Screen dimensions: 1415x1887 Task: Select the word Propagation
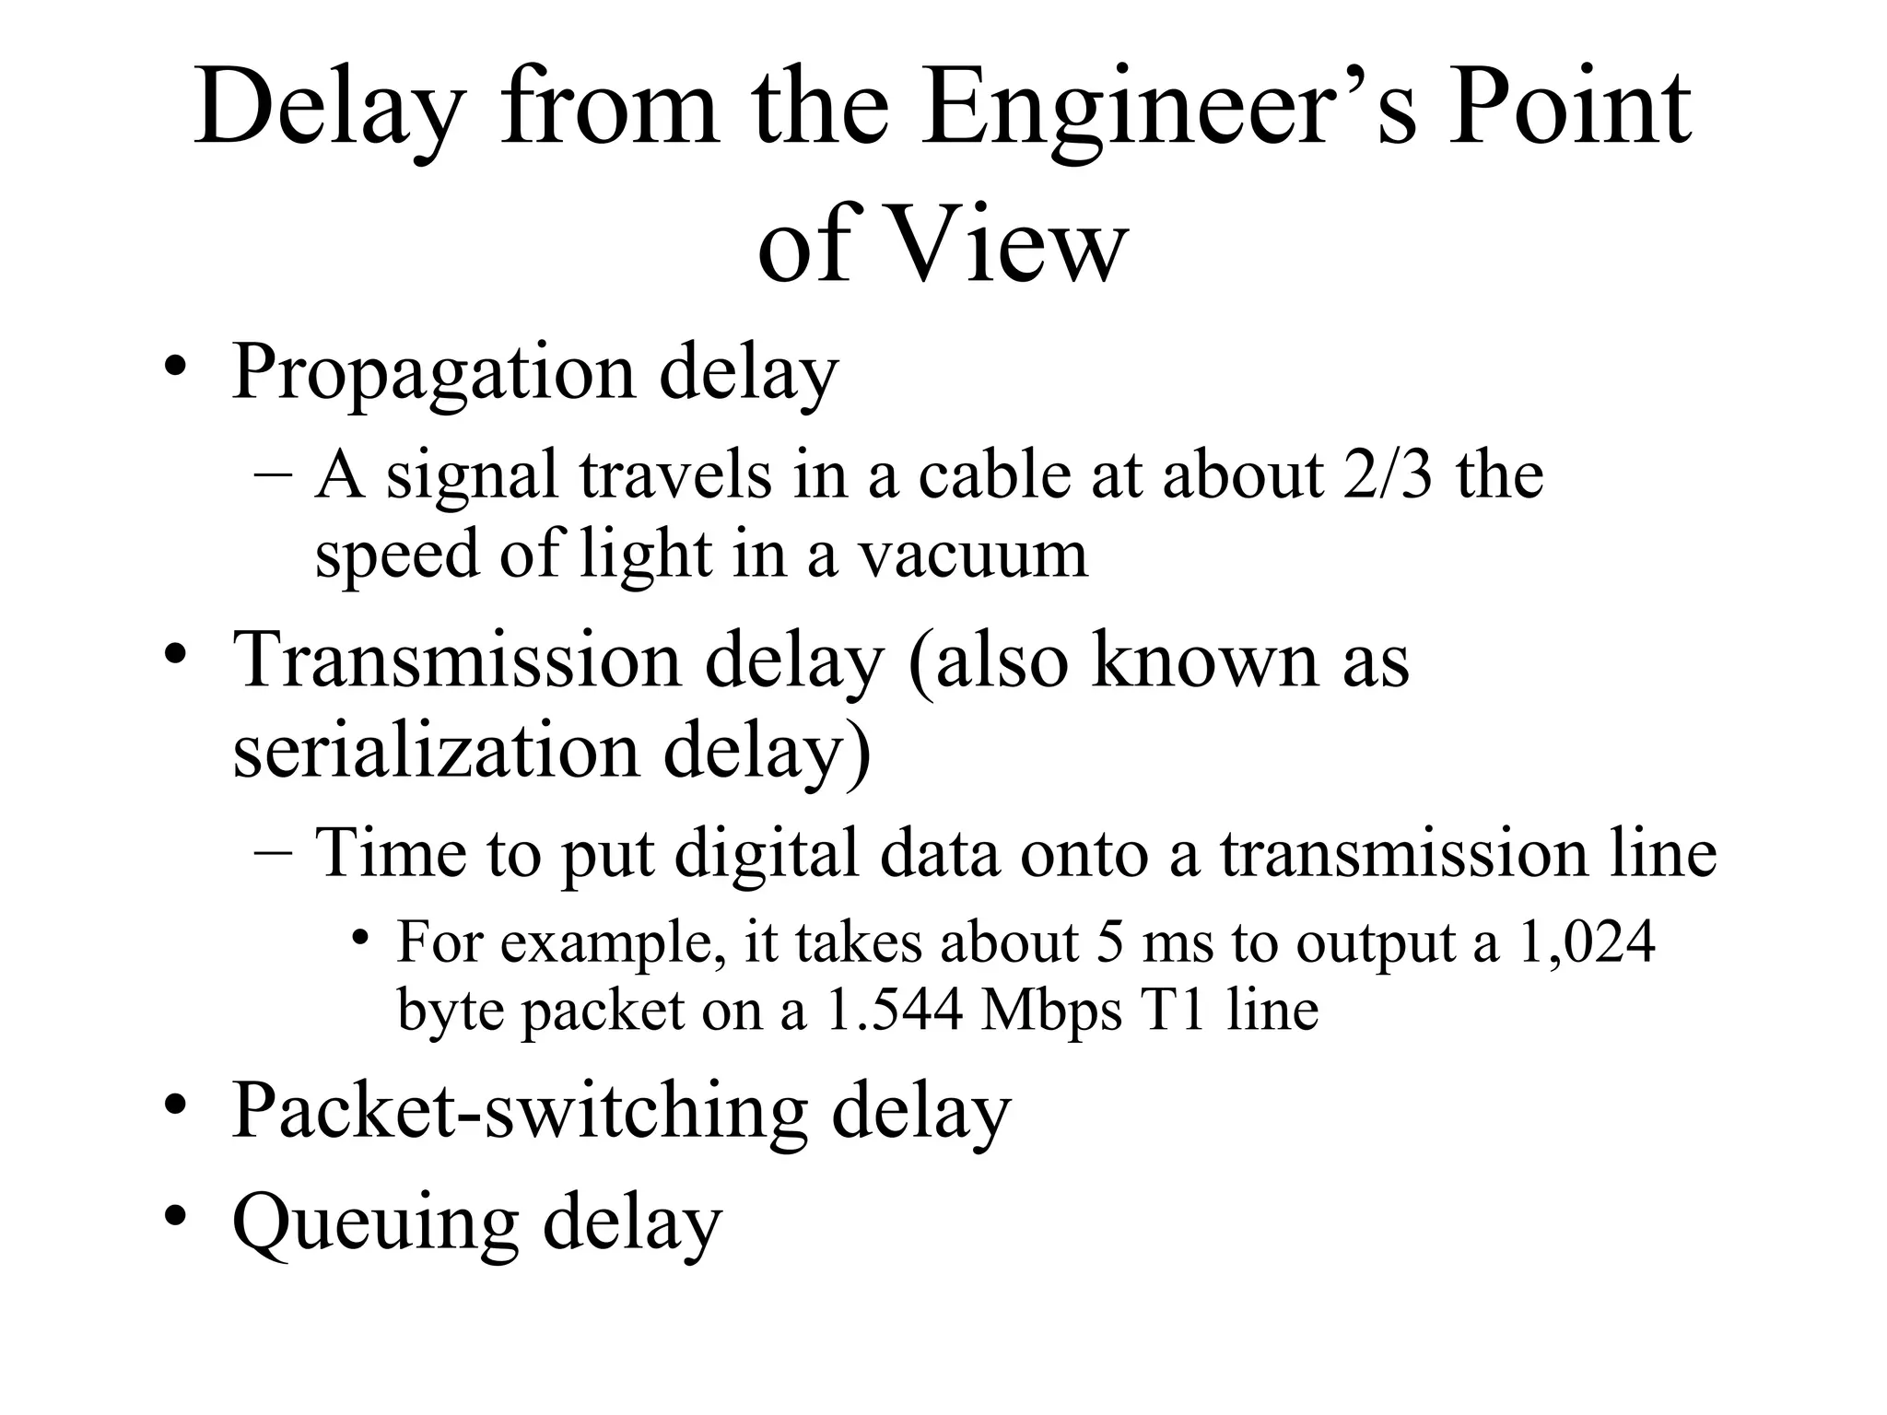pos(433,373)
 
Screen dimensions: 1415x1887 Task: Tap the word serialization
pos(436,750)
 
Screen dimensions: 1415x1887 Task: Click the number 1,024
pos(1585,943)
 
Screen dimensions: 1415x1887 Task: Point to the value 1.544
pos(893,1011)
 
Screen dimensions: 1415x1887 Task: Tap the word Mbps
pos(1051,1011)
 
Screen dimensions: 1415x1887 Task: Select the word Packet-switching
pos(519,1112)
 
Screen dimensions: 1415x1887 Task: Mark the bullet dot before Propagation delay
pos(176,368)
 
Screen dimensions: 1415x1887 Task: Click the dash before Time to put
pos(273,851)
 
